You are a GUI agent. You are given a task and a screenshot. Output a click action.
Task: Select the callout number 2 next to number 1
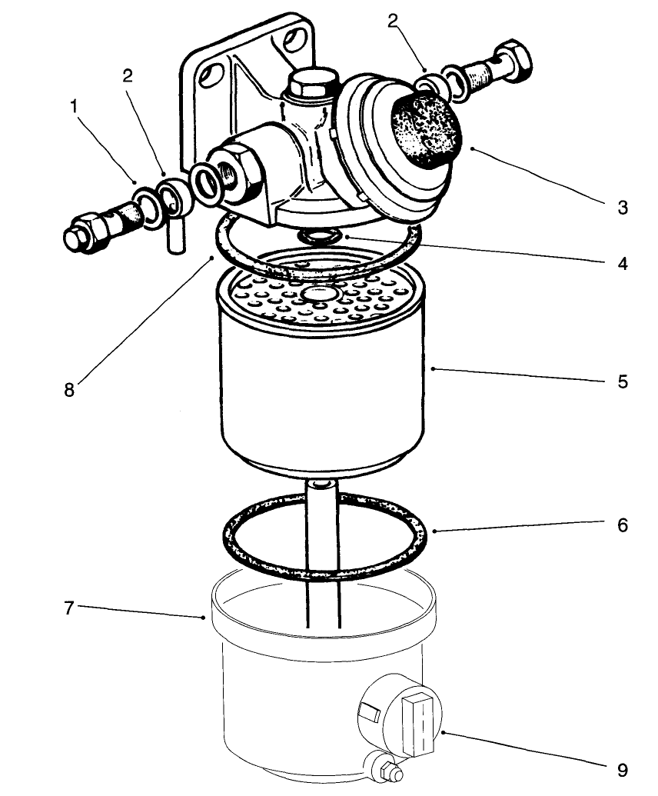tap(128, 75)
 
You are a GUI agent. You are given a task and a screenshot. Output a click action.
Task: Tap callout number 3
tap(623, 207)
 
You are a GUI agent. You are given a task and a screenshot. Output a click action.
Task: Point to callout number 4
tap(623, 264)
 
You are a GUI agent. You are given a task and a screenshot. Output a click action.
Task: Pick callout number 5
tap(623, 381)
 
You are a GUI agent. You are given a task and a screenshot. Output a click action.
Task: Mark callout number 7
tap(68, 608)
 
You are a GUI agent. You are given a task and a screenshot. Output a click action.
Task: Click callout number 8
tap(70, 389)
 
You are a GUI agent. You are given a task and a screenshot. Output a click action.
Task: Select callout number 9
tap(623, 770)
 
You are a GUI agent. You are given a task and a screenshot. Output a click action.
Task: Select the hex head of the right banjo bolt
tap(511, 63)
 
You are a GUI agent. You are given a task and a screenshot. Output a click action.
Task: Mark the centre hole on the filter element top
tap(317, 295)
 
